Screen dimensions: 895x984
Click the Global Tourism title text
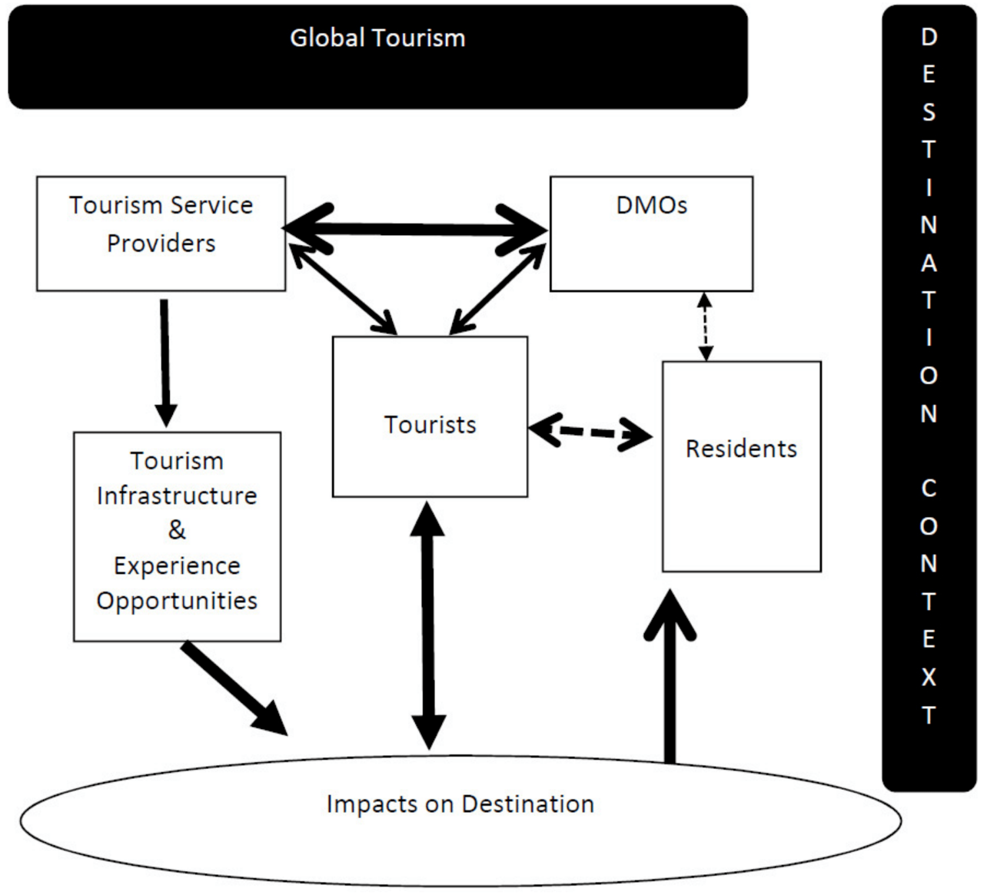[377, 38]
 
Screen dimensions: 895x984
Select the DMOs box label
[651, 205]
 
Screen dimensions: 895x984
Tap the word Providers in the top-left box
[161, 244]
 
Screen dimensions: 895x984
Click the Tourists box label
[430, 425]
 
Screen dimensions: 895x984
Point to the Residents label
[741, 449]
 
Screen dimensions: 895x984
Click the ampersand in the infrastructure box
[177, 530]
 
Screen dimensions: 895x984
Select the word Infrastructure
[177, 496]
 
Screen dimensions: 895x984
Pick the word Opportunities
[177, 600]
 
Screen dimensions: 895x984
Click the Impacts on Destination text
[460, 804]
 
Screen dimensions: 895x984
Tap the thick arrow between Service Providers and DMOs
[415, 229]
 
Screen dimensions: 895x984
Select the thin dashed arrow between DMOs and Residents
[705, 326]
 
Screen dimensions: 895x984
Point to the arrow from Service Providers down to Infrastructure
[165, 361]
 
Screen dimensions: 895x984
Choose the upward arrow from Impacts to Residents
[670, 676]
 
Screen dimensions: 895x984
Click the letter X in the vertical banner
[929, 677]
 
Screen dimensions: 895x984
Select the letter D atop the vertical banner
[929, 36]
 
